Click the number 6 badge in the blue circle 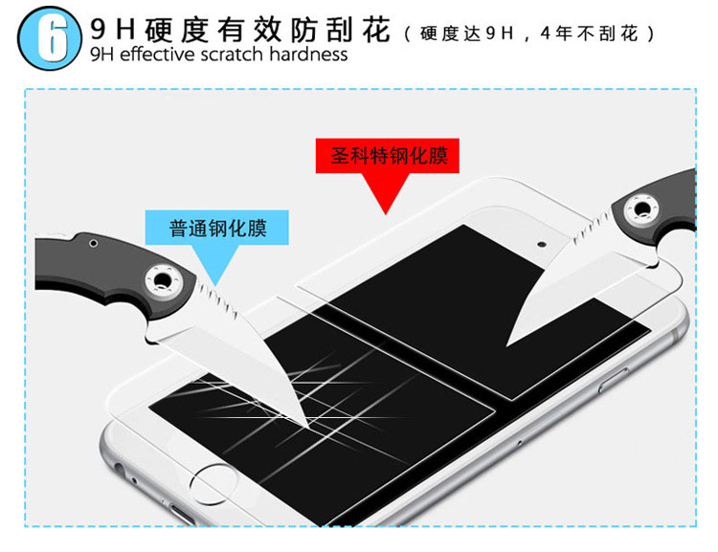(50, 38)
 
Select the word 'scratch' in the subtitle (232, 55)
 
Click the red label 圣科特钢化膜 (388, 156)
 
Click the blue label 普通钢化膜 (217, 228)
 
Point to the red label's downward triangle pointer (386, 192)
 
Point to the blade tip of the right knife (507, 344)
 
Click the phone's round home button (213, 484)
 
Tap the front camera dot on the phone (542, 244)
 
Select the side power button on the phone (613, 381)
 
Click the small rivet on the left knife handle (94, 243)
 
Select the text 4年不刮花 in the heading (589, 33)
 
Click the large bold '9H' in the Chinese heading (113, 29)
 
